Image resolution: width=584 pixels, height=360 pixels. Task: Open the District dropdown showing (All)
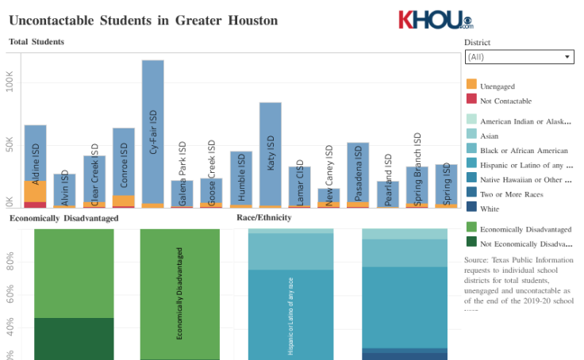point(519,57)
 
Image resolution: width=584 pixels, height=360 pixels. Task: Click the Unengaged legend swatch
point(471,84)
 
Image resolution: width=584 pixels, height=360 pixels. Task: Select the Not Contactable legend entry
point(505,101)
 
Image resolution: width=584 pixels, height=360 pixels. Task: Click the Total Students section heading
point(36,41)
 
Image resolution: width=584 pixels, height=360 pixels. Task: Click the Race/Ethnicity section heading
point(263,217)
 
